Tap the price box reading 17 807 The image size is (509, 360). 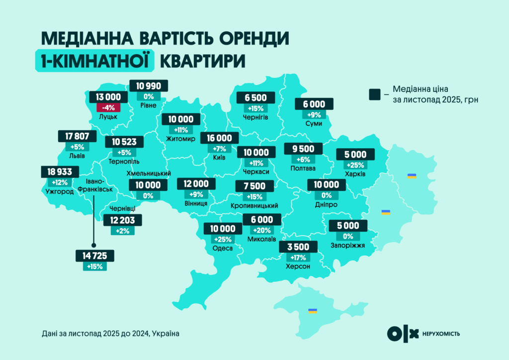[x=77, y=136]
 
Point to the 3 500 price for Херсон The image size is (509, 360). [x=298, y=247]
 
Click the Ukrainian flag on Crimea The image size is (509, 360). [x=313, y=311]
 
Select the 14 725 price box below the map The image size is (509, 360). [x=95, y=256]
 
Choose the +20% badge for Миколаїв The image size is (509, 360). [x=262, y=230]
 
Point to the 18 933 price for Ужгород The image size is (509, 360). [x=59, y=172]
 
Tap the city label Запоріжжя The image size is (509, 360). [x=347, y=245]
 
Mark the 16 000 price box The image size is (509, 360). [x=219, y=138]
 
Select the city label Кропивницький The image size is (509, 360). [x=254, y=205]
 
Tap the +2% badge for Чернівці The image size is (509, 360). [x=122, y=231]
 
